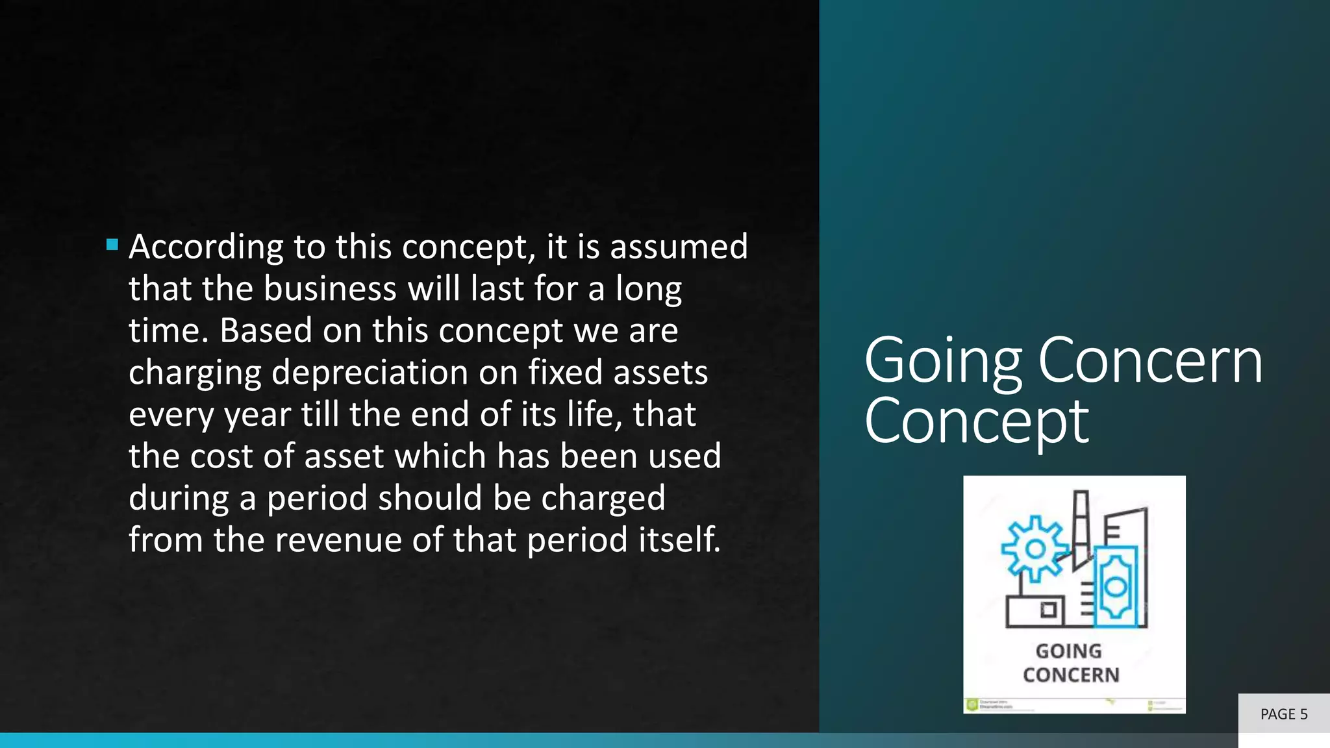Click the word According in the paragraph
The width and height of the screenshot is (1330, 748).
pyautogui.click(x=205, y=247)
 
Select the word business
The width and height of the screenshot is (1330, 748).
pyautogui.click(x=330, y=289)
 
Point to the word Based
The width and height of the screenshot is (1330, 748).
pyautogui.click(x=266, y=330)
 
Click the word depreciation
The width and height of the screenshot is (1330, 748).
pyautogui.click(x=370, y=373)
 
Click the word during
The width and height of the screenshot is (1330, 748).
pyautogui.click(x=179, y=499)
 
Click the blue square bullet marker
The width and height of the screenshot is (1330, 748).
pyautogui.click(x=112, y=245)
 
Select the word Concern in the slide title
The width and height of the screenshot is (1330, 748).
pyautogui.click(x=1150, y=361)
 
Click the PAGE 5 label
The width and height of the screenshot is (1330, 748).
pyautogui.click(x=1283, y=714)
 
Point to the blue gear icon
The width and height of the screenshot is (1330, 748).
pyautogui.click(x=1035, y=549)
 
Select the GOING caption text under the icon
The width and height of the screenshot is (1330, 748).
pyautogui.click(x=1068, y=651)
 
